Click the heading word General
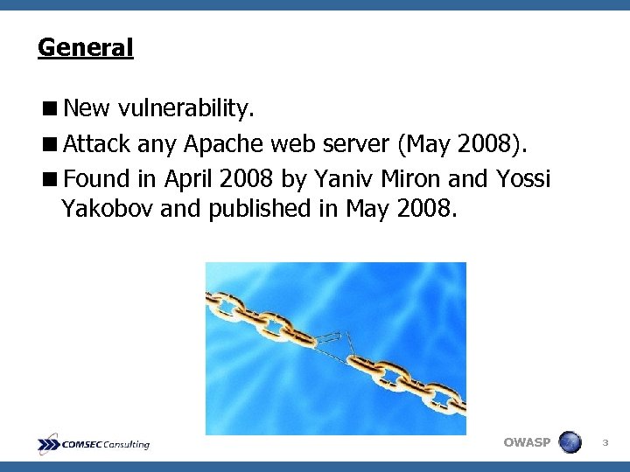(x=85, y=46)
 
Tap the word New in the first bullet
(x=86, y=108)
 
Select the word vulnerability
(x=186, y=108)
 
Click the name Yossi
(x=523, y=178)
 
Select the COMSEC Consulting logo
(x=94, y=444)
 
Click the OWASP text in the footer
(x=527, y=442)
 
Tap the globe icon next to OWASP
(x=570, y=442)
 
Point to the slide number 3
(x=605, y=443)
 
